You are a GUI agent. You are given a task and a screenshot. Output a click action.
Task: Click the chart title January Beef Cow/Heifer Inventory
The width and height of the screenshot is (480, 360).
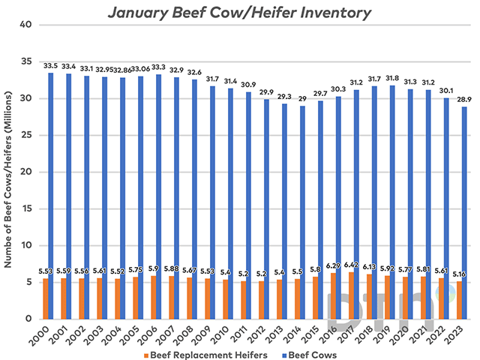pos(239,12)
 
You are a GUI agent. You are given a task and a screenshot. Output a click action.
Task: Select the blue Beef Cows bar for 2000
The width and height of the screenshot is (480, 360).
pos(51,195)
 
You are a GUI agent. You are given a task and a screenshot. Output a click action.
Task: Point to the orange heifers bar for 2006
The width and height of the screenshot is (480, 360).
pos(152,297)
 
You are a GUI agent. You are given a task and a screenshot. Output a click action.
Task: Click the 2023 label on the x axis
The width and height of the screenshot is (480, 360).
pos(460,332)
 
